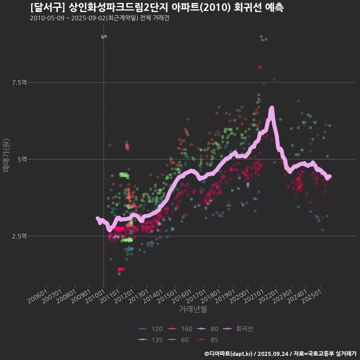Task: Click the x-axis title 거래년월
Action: (193, 309)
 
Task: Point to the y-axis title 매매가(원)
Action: (6, 155)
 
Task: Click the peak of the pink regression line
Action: (271, 108)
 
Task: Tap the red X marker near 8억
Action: (260, 67)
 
